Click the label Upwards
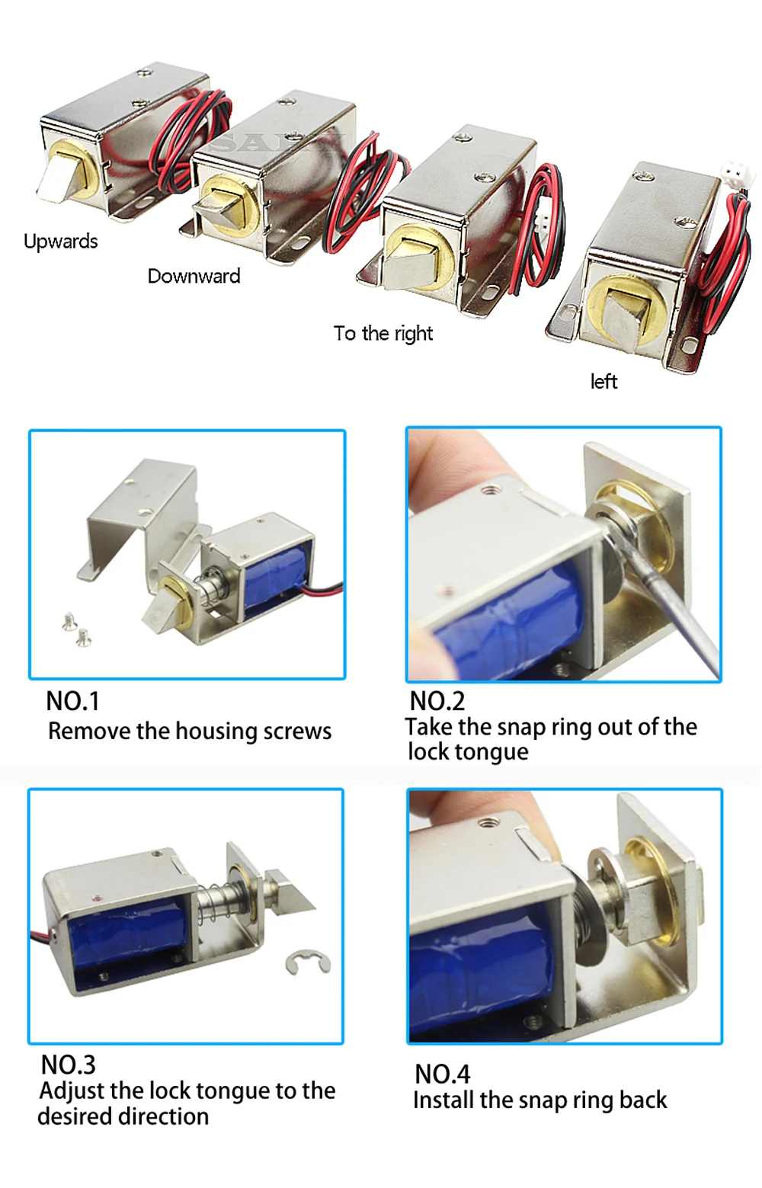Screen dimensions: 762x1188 pos(61,242)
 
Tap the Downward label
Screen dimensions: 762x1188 pos(194,276)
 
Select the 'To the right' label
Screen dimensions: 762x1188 pos(383,333)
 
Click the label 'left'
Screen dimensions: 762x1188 pos(604,381)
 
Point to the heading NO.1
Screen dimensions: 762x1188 pos(72,701)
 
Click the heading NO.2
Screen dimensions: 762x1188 pos(437,701)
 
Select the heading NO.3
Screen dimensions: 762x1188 pos(68,1065)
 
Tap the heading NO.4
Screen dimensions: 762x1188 pos(442,1074)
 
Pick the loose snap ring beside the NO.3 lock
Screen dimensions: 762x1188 pos(308,962)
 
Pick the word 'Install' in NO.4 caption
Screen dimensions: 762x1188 pos(443,1100)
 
